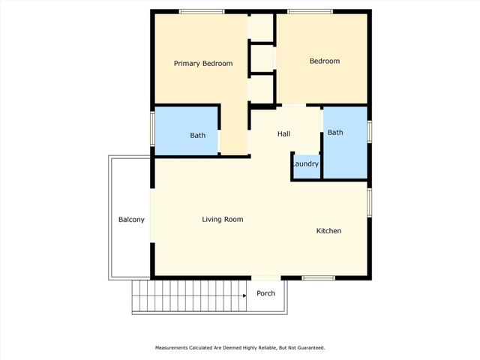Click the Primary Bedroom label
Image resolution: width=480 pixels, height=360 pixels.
coord(203,64)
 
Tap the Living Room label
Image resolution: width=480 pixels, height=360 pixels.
coord(223,220)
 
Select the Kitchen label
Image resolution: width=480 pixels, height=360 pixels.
coord(328,231)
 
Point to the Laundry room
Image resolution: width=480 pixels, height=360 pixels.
coord(307,166)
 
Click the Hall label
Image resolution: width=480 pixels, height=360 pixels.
coord(283,133)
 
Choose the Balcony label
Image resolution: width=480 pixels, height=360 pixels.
coord(131,220)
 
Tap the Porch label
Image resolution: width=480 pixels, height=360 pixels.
coord(265,293)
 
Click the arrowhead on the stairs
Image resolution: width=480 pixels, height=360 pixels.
coord(244,295)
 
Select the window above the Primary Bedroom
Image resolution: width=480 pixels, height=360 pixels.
coord(202,12)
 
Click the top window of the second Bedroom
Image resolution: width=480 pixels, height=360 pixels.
coord(310,12)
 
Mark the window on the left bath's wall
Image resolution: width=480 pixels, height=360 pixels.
coord(152,128)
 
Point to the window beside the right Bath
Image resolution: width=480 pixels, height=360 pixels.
coord(370,132)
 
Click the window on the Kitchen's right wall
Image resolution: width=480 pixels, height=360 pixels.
coord(370,203)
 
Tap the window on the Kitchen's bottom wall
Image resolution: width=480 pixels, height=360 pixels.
coord(318,278)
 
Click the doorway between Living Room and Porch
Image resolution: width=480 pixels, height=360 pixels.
coord(266,278)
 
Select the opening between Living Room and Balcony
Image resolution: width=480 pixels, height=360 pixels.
coord(152,215)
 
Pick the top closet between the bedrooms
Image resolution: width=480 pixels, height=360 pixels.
coord(260,28)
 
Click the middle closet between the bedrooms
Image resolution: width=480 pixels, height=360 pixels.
coord(262,58)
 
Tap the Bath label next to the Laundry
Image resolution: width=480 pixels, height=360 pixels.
coord(335,133)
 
